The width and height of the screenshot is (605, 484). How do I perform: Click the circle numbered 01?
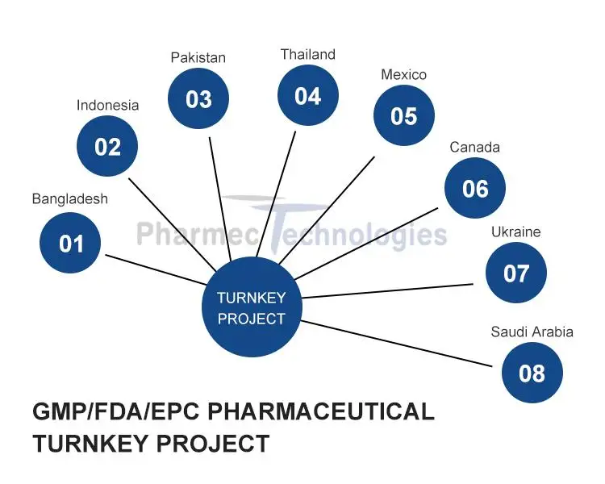pos(71,242)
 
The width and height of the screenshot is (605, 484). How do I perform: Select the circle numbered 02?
pos(107,147)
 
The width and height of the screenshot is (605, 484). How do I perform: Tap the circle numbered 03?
pos(198,98)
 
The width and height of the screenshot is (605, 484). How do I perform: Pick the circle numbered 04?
pos(307,96)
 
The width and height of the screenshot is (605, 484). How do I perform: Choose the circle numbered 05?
pos(403,115)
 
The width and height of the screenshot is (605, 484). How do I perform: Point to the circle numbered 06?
pos(475,188)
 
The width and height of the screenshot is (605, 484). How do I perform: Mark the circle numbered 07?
pos(516,273)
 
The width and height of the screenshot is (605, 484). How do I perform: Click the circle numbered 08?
pos(532,373)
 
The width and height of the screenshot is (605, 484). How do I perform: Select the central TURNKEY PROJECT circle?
pos(251,308)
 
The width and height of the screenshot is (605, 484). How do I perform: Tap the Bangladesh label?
pos(69,198)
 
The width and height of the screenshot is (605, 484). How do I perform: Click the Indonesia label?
pos(107,105)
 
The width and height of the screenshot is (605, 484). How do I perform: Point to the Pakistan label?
pos(198,57)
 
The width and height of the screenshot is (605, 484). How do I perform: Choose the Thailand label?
pos(307,54)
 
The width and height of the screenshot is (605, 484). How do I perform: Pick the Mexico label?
pos(403,74)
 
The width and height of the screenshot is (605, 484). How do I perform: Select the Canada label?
pos(474,147)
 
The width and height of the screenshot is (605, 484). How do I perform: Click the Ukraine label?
pos(515,232)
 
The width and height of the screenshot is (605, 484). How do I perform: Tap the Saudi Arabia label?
pos(532,332)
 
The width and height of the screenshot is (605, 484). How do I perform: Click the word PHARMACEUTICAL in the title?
pos(321,411)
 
